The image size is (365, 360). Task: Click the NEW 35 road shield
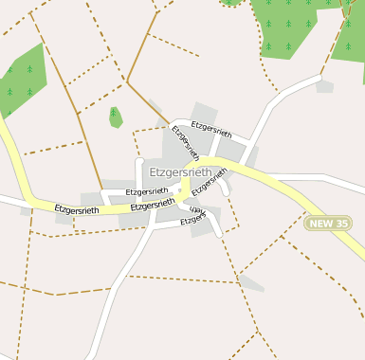pyautogui.click(x=329, y=224)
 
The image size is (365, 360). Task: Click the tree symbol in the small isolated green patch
pyautogui.click(x=116, y=118)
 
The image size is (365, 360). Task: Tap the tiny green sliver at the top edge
pyautogui.click(x=230, y=3)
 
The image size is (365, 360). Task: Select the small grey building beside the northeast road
pyautogui.click(x=324, y=86)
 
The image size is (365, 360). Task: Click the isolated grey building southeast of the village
pyautogui.click(x=250, y=282)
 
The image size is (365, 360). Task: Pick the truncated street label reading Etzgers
pyautogui.click(x=193, y=221)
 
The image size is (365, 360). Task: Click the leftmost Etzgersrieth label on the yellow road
pyautogui.click(x=77, y=209)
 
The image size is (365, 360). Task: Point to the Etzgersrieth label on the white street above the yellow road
pyautogui.click(x=146, y=192)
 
